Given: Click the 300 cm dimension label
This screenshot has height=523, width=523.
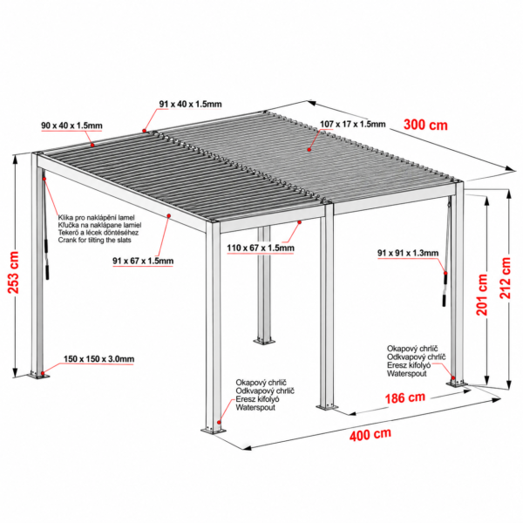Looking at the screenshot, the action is coord(425,125).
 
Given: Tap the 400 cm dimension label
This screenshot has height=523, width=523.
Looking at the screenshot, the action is coord(370,435).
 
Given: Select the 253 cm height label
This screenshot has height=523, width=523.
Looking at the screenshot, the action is coord(14,273).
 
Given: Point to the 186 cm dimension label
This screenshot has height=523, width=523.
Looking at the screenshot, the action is coord(405,397).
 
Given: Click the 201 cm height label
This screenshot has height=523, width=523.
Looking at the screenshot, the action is coord(482,295).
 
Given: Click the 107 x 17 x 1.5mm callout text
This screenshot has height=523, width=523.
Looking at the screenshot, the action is coord(352,124).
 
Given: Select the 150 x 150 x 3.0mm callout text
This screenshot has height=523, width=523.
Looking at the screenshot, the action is coord(99,359).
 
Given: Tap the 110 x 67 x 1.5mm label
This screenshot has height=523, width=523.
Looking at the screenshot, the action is coord(261,248).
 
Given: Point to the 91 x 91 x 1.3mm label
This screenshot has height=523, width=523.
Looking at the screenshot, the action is coord(408,253).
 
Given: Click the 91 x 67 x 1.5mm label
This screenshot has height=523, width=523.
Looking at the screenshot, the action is coord(143,261).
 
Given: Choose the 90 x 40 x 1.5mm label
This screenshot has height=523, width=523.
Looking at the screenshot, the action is coord(71,126).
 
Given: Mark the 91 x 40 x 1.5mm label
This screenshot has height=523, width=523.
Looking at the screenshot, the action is coord(190,104).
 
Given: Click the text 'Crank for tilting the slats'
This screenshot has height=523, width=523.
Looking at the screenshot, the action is coord(95,240).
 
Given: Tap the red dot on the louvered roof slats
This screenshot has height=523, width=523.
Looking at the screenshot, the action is coord(309,150).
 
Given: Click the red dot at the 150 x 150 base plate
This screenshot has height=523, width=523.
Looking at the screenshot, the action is coord(42,372).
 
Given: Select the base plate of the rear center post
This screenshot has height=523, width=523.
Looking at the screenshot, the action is coord(264,341).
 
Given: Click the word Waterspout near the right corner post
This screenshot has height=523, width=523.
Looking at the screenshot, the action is coord(406,374).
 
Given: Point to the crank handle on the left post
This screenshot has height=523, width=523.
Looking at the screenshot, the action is coord(47,259).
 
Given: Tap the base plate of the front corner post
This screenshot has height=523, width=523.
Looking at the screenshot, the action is coord(214,431).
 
